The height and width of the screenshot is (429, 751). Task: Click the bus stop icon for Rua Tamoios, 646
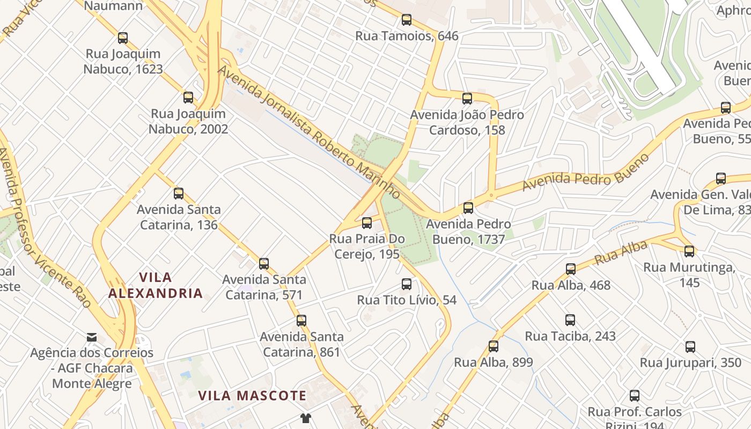(x=407, y=20)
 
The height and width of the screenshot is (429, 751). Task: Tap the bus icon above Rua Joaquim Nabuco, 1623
(x=123, y=38)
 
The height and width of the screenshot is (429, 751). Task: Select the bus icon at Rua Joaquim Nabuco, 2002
(x=188, y=98)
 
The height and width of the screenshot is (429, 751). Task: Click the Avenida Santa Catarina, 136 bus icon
(x=179, y=194)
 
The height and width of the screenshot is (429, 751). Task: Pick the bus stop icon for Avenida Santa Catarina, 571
(x=264, y=264)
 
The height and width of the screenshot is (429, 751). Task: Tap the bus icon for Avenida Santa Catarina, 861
(x=301, y=321)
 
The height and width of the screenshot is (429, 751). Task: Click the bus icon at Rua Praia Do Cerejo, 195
(x=367, y=223)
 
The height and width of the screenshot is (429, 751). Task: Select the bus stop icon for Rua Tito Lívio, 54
(x=407, y=284)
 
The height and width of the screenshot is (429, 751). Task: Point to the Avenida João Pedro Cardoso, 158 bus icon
(x=467, y=99)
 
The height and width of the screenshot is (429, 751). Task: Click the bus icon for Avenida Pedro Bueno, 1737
(x=468, y=208)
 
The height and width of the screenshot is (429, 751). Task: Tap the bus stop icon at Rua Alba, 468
(x=571, y=269)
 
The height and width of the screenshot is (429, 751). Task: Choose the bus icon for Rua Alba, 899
(x=494, y=346)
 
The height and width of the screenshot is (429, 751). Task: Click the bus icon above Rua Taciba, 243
(x=570, y=320)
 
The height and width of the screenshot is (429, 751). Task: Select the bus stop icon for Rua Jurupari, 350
(x=690, y=347)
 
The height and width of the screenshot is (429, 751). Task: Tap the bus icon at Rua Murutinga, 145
(x=689, y=251)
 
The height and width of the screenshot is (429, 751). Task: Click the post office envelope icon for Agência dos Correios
(x=92, y=337)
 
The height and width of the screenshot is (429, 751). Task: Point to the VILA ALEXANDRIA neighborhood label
(x=156, y=285)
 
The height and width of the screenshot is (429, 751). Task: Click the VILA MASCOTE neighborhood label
(x=252, y=396)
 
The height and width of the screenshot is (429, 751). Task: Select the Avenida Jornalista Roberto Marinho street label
(x=308, y=132)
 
